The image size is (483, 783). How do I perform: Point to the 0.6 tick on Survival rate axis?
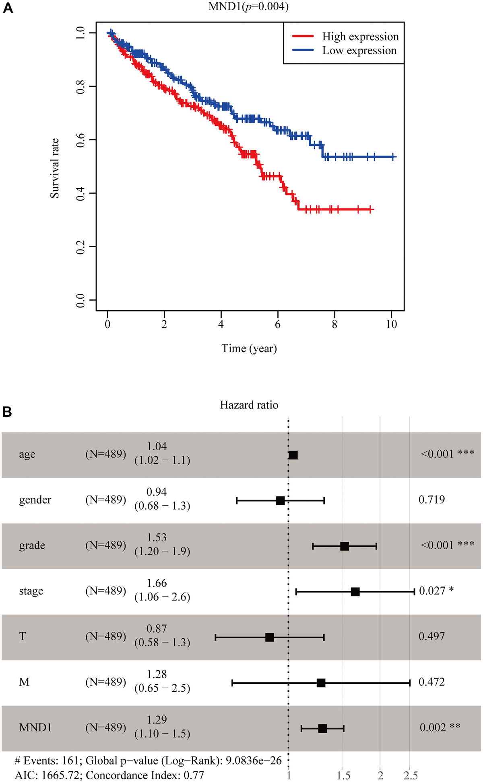pyautogui.click(x=80, y=140)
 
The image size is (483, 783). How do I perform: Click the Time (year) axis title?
pyautogui.click(x=249, y=348)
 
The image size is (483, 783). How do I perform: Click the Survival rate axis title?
pyautogui.click(x=55, y=168)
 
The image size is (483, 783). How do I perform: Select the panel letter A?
pyautogui.click(x=8, y=8)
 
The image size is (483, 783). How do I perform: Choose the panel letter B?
pyautogui.click(x=8, y=412)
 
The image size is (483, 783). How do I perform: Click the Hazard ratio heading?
pyautogui.click(x=249, y=405)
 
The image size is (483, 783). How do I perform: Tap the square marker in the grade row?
pyautogui.click(x=345, y=546)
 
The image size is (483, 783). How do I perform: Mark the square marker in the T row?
pyautogui.click(x=270, y=637)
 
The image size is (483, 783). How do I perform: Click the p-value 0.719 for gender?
pyautogui.click(x=431, y=500)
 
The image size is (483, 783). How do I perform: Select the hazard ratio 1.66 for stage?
pyautogui.click(x=157, y=583)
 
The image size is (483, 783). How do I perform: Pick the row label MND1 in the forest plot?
pyautogui.click(x=35, y=728)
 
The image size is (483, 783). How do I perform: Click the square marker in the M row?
pyautogui.click(x=321, y=683)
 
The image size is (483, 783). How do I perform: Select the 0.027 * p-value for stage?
pyautogui.click(x=436, y=591)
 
